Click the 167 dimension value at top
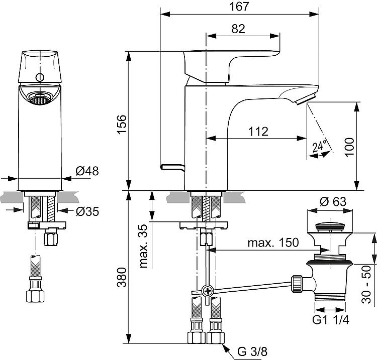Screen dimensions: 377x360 (239, 7)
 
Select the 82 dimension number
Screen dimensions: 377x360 (238, 29)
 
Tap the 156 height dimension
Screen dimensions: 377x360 (122, 125)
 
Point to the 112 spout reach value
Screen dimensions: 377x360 (258, 132)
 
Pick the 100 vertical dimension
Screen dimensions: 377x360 (350, 147)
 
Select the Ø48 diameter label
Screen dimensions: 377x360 (87, 171)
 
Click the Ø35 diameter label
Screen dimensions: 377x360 (87, 211)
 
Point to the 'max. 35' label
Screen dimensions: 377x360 (143, 246)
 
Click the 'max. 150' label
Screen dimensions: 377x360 (273, 243)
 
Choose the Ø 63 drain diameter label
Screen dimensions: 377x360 (333, 201)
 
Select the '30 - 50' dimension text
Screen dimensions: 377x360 (366, 284)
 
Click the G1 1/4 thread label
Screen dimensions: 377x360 (331, 320)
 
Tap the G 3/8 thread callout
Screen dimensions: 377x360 (252, 351)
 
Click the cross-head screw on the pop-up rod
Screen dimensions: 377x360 (207, 291)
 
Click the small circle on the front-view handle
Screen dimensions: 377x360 (40, 77)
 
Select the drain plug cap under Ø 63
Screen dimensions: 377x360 (330, 226)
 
